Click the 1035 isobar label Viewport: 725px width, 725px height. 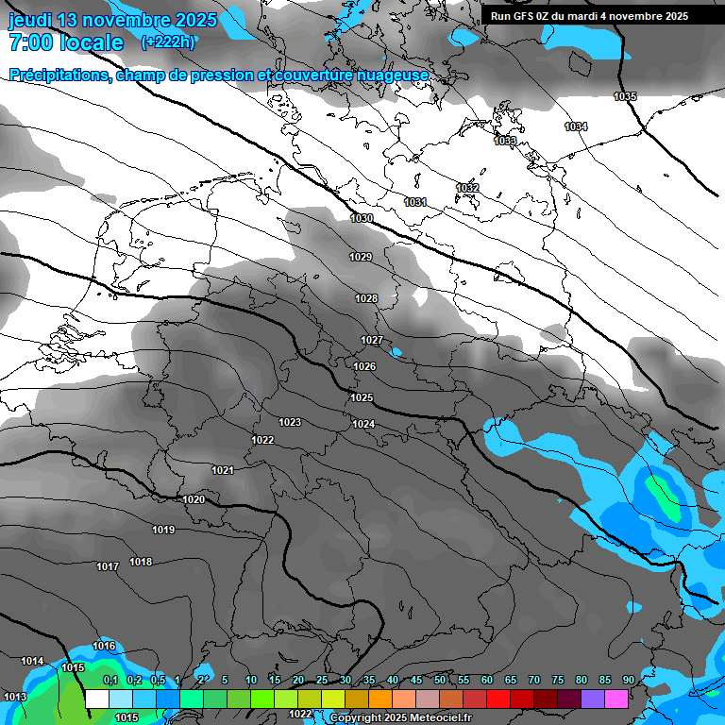625,97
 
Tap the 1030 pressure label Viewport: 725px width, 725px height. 361,219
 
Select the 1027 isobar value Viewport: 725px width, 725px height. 372,340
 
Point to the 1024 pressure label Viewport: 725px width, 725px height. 363,425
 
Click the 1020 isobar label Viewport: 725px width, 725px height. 194,499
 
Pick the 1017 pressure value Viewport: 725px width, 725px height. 108,567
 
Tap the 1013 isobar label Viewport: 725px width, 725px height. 15,697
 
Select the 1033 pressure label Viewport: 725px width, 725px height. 505,141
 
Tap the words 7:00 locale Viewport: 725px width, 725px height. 65,43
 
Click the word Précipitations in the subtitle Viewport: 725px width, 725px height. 57,76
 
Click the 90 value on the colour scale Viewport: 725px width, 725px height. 628,681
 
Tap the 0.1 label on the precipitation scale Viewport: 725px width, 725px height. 110,681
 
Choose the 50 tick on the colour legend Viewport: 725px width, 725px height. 440,681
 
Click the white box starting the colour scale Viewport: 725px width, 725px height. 96,699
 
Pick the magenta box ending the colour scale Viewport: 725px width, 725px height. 616,699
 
